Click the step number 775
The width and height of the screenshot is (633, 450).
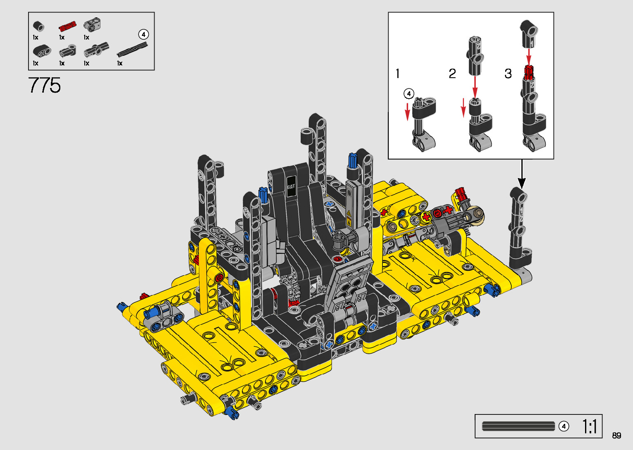click(44, 85)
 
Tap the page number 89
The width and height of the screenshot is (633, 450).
click(616, 435)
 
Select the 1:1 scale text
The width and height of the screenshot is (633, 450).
click(589, 426)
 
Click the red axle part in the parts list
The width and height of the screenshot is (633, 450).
click(67, 26)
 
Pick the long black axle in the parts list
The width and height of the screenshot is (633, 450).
click(132, 49)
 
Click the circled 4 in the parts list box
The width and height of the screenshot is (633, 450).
click(143, 34)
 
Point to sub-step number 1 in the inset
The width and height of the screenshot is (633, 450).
click(398, 74)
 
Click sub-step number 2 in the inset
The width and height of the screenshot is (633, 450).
click(452, 74)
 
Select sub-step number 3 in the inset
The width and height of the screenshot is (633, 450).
click(508, 74)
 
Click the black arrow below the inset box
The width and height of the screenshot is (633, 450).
click(522, 174)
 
